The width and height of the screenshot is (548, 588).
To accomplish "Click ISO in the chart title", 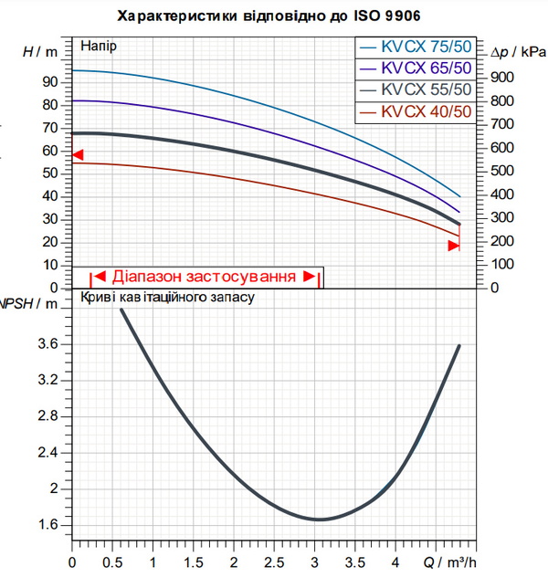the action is click(368, 16).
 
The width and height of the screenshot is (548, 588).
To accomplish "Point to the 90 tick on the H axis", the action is click(50, 82).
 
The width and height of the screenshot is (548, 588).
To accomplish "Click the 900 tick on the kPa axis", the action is click(502, 78).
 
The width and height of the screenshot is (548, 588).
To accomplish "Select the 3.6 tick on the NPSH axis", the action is click(48, 344).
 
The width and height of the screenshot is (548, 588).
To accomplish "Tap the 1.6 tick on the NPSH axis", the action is click(48, 525).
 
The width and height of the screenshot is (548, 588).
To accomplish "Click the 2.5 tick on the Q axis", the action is click(274, 562).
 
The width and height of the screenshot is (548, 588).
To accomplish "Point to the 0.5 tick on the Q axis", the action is click(112, 562).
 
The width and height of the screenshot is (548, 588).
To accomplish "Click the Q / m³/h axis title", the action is click(449, 562).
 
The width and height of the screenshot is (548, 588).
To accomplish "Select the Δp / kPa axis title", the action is click(518, 53).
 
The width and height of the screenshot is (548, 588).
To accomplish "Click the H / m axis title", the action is click(40, 52).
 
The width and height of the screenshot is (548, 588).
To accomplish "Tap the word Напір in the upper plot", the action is click(99, 47).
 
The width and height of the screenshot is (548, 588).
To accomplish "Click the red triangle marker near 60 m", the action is click(78, 154).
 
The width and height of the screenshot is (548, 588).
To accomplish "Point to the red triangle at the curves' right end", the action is click(454, 246).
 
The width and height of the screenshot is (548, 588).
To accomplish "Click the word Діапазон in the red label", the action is click(147, 277).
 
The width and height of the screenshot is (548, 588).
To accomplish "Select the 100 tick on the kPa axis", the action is click(502, 265).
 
